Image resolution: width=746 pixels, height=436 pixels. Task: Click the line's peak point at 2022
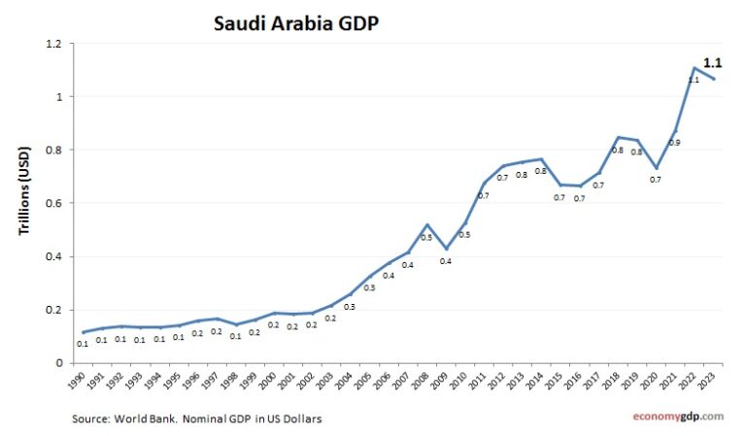pyautogui.click(x=694, y=68)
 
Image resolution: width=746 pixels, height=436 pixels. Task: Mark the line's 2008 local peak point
pyautogui.click(x=427, y=224)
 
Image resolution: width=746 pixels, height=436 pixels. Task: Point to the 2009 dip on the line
pyautogui.click(x=446, y=249)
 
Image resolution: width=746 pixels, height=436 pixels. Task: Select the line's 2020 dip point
pyautogui.click(x=656, y=168)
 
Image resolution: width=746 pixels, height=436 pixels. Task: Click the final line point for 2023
pyautogui.click(x=713, y=79)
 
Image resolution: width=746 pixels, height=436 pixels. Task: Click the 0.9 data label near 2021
pyautogui.click(x=674, y=143)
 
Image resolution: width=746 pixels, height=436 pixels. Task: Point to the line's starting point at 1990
pyautogui.click(x=84, y=332)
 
